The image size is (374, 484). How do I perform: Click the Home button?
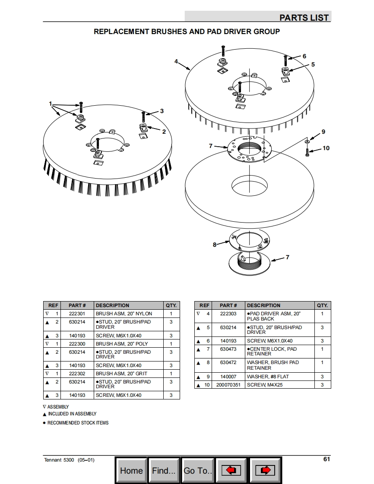pyautogui.click(x=131, y=471)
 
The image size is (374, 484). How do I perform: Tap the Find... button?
pyautogui.click(x=164, y=471)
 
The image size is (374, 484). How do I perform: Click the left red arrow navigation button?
pyautogui.click(x=231, y=471)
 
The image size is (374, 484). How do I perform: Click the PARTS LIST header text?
pyautogui.click(x=304, y=17)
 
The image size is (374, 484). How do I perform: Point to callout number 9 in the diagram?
pyautogui.click(x=323, y=132)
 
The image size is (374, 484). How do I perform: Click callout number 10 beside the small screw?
pyautogui.click(x=326, y=148)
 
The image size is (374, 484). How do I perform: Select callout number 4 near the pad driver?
pyautogui.click(x=176, y=61)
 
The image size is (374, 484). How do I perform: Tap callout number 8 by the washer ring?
pyautogui.click(x=214, y=245)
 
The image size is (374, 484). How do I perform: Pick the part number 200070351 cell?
pyautogui.click(x=228, y=385)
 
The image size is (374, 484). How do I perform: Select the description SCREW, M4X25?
pyautogui.click(x=265, y=385)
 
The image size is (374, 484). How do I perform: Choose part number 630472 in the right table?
pyautogui.click(x=228, y=363)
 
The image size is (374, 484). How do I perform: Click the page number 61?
pyautogui.click(x=326, y=459)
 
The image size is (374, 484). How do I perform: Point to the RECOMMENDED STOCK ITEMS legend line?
pyautogui.click(x=78, y=423)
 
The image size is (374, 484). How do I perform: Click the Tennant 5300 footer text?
pyautogui.click(x=69, y=460)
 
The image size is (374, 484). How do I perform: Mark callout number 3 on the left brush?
pyautogui.click(x=162, y=111)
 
